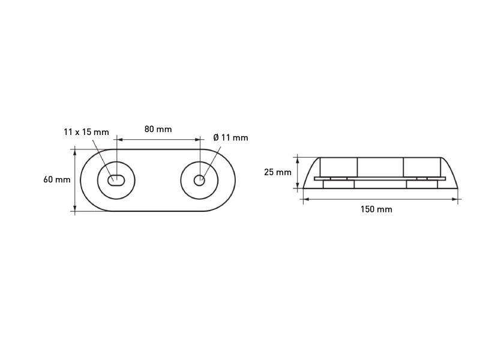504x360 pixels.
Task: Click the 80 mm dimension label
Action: pyautogui.click(x=158, y=129)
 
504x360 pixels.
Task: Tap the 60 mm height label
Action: pyautogui.click(x=57, y=179)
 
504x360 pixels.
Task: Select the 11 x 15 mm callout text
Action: pyautogui.click(x=86, y=132)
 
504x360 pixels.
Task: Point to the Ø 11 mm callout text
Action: pyautogui.click(x=231, y=137)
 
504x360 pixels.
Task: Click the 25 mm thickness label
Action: pyautogui.click(x=278, y=172)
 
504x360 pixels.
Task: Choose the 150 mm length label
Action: pyautogui.click(x=376, y=209)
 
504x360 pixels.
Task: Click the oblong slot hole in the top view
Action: pyautogui.click(x=116, y=181)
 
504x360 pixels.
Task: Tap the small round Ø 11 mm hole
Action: pyautogui.click(x=199, y=181)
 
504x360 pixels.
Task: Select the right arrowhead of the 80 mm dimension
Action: pyautogui.click(x=197, y=139)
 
